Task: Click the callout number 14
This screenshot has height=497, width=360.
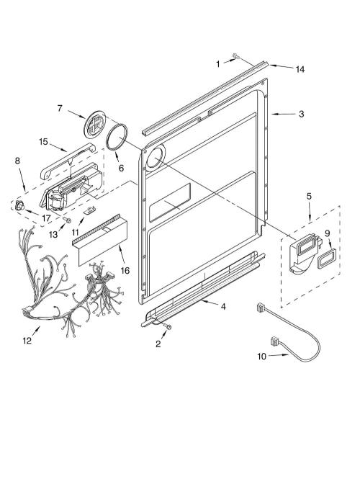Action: pyautogui.click(x=300, y=69)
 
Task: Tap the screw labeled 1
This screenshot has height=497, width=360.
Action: pyautogui.click(x=235, y=56)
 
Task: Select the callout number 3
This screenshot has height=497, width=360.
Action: pyautogui.click(x=301, y=114)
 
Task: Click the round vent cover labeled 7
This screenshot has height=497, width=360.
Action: pyautogui.click(x=95, y=124)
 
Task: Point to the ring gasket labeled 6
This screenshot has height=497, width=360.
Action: pyautogui.click(x=117, y=137)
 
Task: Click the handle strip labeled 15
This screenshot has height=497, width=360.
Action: pyautogui.click(x=68, y=161)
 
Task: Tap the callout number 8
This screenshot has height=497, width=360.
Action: pyautogui.click(x=17, y=161)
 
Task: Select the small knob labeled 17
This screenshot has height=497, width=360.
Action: pyautogui.click(x=19, y=206)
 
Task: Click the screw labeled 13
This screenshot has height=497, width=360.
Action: pyautogui.click(x=67, y=220)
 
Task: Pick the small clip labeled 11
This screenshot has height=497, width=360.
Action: pyautogui.click(x=90, y=210)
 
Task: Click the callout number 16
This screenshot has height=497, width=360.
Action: pyautogui.click(x=125, y=270)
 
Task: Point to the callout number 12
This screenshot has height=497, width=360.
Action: pyautogui.click(x=27, y=341)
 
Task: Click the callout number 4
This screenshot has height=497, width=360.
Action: pyautogui.click(x=223, y=307)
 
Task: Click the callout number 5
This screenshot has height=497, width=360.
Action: pyautogui.click(x=309, y=196)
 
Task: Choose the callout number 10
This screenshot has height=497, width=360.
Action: pyautogui.click(x=262, y=357)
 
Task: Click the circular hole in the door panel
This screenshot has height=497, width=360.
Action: pyautogui.click(x=156, y=157)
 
